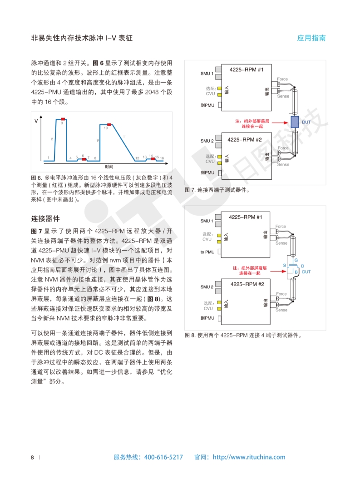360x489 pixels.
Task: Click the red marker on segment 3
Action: tap(63, 119)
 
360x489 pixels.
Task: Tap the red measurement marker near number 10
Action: tap(109, 124)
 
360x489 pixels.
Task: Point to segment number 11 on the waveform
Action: tap(124, 136)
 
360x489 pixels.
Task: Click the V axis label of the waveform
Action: tap(36, 122)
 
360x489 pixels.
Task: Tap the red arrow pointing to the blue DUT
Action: tap(279, 122)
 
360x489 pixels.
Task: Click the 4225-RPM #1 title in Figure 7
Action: tap(246, 69)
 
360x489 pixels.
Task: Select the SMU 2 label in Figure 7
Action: tap(207, 141)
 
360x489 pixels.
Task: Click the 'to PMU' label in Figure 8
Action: tap(207, 252)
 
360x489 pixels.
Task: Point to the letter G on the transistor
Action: tap(296, 260)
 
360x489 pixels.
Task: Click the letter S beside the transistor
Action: tap(285, 265)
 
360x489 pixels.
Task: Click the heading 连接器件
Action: tap(45, 218)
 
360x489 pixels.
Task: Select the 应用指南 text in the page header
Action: tap(311, 39)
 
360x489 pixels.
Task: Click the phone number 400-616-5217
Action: tap(163, 457)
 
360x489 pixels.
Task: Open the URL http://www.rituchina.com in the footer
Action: tap(249, 457)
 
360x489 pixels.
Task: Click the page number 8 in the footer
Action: tap(32, 457)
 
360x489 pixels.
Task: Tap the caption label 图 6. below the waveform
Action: tap(36, 178)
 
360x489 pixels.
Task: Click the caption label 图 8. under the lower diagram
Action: tap(190, 336)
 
